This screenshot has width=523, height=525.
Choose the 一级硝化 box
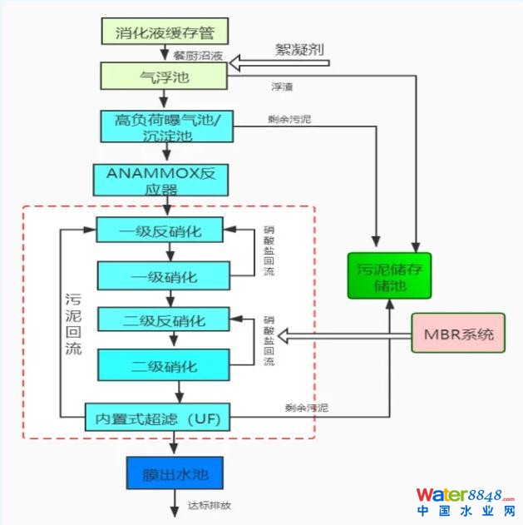click(x=160, y=275)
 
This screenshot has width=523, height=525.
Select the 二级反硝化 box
click(x=160, y=320)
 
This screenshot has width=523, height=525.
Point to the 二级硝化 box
click(x=160, y=365)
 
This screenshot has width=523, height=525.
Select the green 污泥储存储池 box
click(x=391, y=275)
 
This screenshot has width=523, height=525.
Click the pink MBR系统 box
click(x=458, y=335)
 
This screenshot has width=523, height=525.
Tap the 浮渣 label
click(x=283, y=87)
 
